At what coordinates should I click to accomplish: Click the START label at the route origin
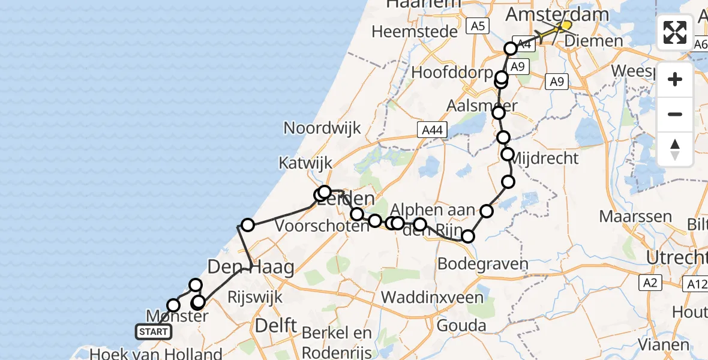pos(154,332)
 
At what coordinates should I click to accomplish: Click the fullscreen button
pos(675,32)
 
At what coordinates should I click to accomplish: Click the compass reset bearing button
pos(675,149)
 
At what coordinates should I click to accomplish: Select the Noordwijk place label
pos(322,128)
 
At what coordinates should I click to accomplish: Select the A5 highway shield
pos(477,26)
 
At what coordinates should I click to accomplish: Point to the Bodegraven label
pos(482,263)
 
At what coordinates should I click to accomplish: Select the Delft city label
pos(276,326)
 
